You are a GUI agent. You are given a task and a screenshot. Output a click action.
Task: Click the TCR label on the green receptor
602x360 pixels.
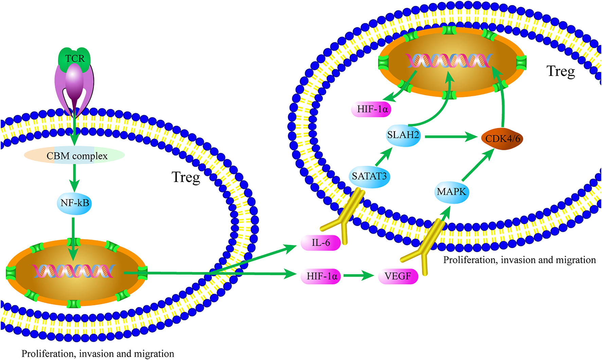coord(75,58)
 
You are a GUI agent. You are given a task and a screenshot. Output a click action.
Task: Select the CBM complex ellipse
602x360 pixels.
coord(75,156)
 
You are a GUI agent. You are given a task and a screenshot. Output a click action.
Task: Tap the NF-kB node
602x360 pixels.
coord(74,203)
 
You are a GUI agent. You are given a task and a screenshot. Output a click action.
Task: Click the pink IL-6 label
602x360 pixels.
coord(321,242)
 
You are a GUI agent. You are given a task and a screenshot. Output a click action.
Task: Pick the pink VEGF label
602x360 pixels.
coord(398,276)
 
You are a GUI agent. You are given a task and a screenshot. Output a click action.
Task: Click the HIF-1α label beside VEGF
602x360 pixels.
coord(321,276)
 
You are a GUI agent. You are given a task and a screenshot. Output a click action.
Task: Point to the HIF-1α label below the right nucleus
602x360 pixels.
coord(372,109)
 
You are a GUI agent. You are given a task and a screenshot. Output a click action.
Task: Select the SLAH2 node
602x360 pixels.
coord(403,135)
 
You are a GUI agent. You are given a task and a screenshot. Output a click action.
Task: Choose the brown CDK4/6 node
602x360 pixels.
coord(502,139)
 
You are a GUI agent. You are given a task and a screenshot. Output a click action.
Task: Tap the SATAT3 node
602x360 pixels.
coord(369,176)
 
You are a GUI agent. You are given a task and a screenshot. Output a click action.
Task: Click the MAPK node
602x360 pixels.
coord(451,192)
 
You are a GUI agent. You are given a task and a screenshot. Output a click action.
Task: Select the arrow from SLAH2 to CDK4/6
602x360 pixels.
coord(450,137)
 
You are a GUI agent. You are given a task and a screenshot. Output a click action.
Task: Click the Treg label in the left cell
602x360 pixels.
coord(185,177)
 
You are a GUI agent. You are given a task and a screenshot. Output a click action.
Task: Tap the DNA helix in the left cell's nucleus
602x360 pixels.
coord(73,271)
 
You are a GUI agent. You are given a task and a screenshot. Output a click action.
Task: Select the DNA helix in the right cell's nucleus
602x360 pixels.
coord(449,61)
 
